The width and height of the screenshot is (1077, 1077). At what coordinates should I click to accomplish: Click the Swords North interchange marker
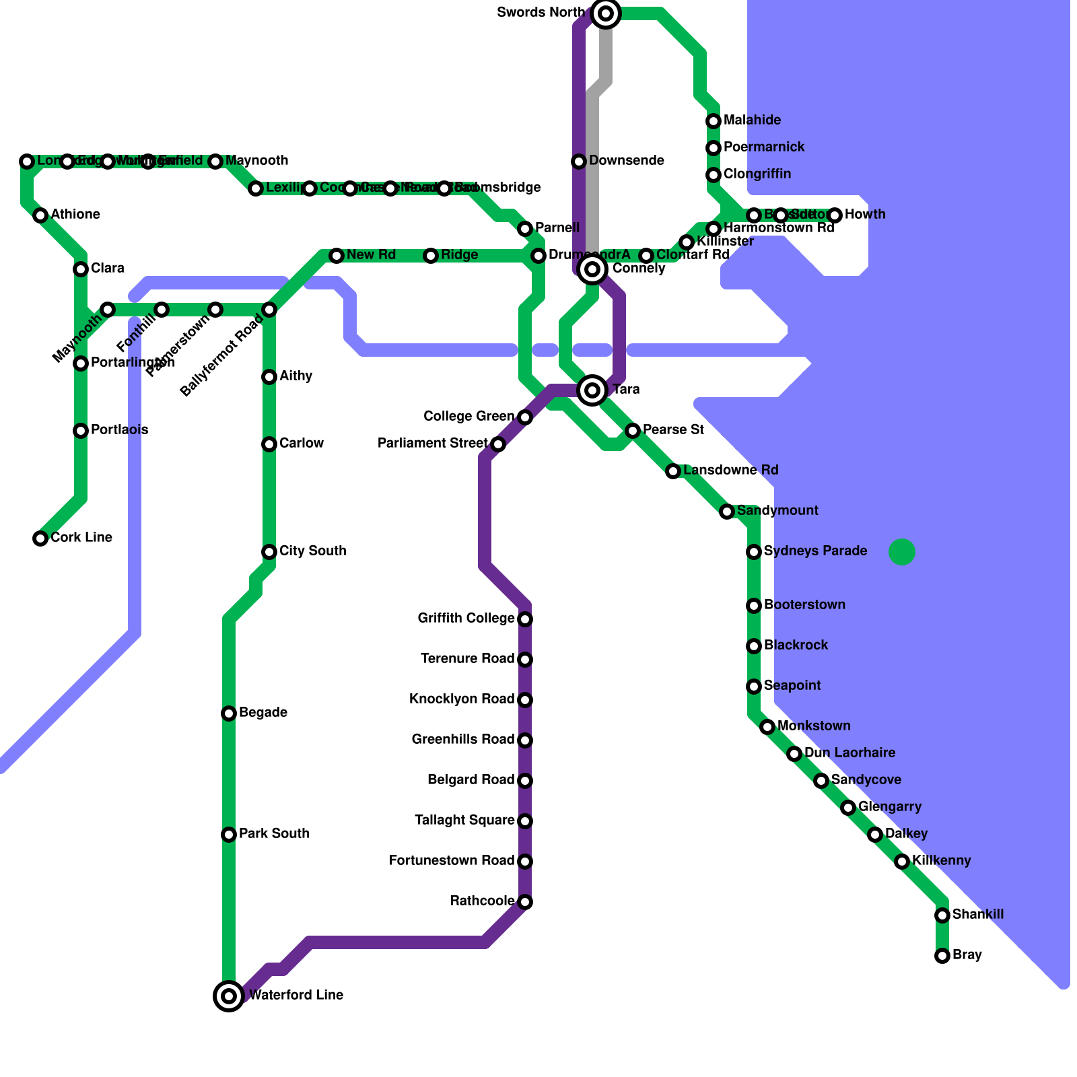(606, 13)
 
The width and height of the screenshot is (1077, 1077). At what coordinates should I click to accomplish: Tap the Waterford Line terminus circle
(229, 996)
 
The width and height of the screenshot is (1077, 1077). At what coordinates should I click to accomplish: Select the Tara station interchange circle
(592, 390)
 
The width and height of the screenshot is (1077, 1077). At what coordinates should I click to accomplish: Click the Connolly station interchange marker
(592, 269)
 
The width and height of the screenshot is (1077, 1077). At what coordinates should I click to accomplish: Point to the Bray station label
(967, 955)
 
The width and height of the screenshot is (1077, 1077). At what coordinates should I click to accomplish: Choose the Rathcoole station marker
(525, 902)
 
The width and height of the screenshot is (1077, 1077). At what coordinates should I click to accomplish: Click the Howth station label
(865, 215)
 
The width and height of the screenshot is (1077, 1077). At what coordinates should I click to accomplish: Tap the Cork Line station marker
(40, 538)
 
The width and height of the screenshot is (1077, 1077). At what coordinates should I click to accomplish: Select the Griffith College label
(466, 619)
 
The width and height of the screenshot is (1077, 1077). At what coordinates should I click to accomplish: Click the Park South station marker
(229, 835)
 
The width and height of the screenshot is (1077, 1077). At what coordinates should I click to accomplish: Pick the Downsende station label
(627, 161)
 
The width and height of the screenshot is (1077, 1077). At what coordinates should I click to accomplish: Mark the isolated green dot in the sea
(902, 552)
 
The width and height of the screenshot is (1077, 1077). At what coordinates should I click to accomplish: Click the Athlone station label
(75, 215)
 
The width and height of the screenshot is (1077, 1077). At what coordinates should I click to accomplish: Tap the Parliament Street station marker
(498, 444)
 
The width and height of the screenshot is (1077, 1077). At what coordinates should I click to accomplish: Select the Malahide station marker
(714, 121)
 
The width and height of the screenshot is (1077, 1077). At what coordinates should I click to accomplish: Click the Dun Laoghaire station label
(849, 753)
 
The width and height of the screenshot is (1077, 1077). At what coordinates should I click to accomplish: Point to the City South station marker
(269, 552)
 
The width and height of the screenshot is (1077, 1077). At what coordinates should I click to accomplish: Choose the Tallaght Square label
(464, 821)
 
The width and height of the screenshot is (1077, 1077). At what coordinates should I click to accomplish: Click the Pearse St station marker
(633, 431)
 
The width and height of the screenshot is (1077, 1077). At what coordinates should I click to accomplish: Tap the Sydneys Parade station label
(815, 551)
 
